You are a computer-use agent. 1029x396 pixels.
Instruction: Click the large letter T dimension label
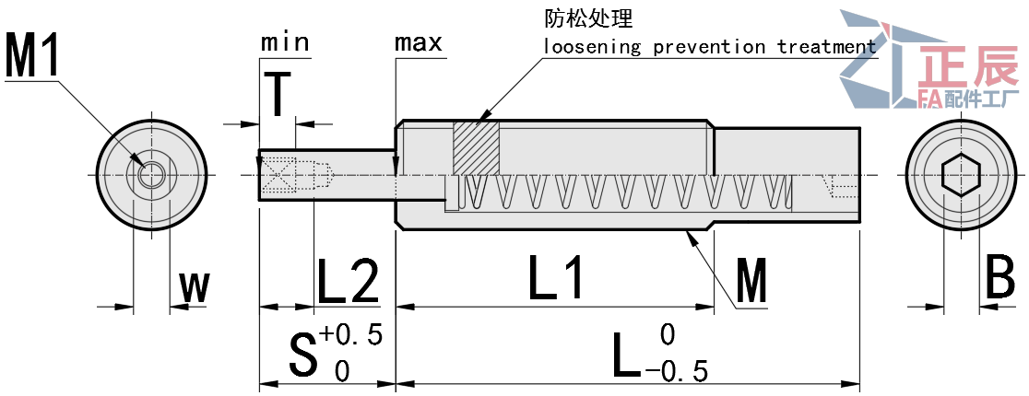pyautogui.click(x=277, y=96)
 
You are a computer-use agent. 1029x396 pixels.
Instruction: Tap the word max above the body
pyautogui.click(x=418, y=42)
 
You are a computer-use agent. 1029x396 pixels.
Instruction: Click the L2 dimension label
pyautogui.click(x=348, y=281)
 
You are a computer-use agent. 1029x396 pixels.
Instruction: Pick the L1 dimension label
pyautogui.click(x=558, y=278)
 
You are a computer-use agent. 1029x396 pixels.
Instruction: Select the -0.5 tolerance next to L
pyautogui.click(x=677, y=371)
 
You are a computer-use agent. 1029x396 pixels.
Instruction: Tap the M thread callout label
pyautogui.click(x=751, y=283)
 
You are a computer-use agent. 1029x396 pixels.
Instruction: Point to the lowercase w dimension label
pyautogui.click(x=195, y=288)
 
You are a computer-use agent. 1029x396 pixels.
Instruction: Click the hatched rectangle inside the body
pyautogui.click(x=475, y=147)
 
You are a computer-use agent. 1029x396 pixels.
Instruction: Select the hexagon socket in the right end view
pyautogui.click(x=962, y=175)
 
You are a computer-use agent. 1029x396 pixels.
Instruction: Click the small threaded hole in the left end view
pyautogui.click(x=152, y=174)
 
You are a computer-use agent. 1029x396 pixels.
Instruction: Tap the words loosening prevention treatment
pyautogui.click(x=709, y=47)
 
